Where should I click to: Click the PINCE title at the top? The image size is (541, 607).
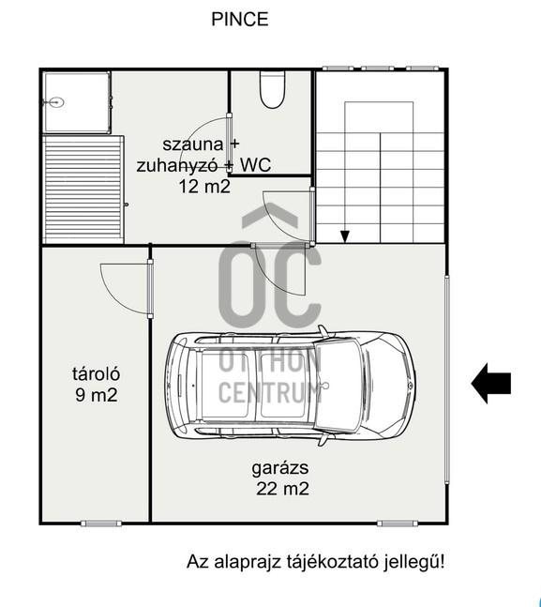239,19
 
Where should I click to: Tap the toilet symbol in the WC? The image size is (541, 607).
273,89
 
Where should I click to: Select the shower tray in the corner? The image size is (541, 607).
77,102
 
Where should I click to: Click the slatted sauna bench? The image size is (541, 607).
83,190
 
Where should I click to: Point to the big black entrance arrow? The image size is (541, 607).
490,384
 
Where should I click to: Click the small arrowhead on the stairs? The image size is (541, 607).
344,236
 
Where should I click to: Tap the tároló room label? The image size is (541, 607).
96,374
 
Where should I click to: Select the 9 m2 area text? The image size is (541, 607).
97,395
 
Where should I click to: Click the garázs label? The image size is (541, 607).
280,468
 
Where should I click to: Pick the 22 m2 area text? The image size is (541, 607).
282,489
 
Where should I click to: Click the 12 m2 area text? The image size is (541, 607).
204,187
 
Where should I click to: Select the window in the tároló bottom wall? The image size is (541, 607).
101,524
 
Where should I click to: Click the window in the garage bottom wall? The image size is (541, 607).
398,524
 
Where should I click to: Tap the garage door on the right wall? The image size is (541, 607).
447,379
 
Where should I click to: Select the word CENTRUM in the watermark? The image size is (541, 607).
270,392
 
